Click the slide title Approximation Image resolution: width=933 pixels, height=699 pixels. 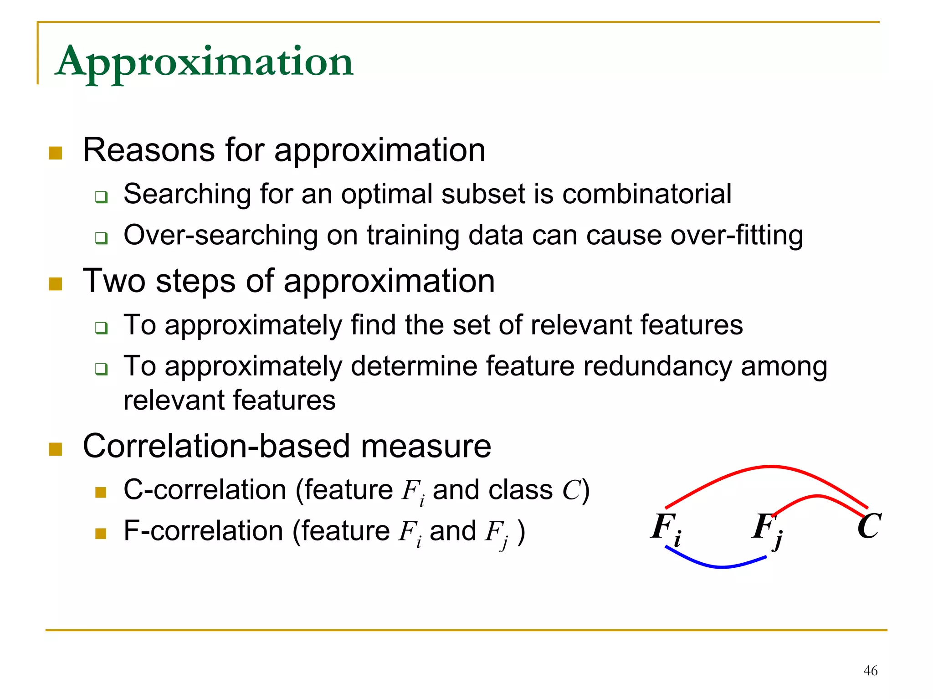click(x=204, y=62)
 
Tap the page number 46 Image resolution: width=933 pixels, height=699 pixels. click(x=870, y=671)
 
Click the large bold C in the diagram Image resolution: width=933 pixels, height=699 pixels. click(x=869, y=526)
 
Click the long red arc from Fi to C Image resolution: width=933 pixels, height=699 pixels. click(x=770, y=467)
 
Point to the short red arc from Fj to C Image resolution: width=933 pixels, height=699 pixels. click(x=818, y=496)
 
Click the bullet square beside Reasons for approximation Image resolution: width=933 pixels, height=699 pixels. click(x=55, y=153)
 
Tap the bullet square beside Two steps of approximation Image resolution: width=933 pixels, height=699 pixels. click(x=55, y=283)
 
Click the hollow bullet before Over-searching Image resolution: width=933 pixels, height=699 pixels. click(x=101, y=238)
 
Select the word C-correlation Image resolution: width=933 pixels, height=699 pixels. click(x=205, y=490)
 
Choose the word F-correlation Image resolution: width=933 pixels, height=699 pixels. click(x=203, y=531)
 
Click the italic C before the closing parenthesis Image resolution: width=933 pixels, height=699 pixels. click(x=572, y=491)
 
